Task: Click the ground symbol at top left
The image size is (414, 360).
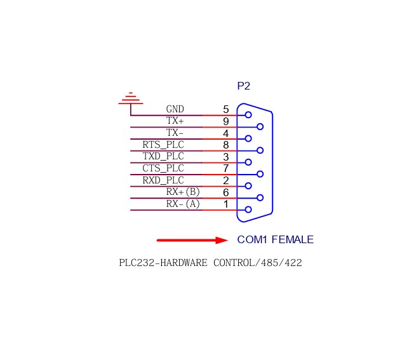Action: (x=131, y=99)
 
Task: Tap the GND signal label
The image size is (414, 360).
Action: (x=175, y=110)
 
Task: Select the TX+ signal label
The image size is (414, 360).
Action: (x=175, y=121)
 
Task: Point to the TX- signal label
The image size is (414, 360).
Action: (x=175, y=133)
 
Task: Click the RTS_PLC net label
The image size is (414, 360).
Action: (x=163, y=145)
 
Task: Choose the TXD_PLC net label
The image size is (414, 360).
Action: (x=163, y=157)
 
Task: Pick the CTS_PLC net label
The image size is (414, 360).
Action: (x=163, y=168)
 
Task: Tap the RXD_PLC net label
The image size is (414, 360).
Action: (x=163, y=180)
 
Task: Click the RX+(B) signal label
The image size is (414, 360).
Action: (x=183, y=192)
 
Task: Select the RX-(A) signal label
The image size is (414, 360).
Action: (x=183, y=204)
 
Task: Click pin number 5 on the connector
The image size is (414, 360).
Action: (x=225, y=110)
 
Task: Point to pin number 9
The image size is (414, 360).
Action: (x=225, y=121)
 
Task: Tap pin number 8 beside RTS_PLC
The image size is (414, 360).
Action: (x=225, y=145)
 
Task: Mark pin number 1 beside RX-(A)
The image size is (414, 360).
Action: (x=225, y=204)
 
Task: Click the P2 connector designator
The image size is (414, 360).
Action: (x=243, y=86)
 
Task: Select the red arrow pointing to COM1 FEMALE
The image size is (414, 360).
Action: (x=192, y=240)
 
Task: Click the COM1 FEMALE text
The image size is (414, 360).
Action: (x=275, y=240)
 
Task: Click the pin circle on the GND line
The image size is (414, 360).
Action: (x=248, y=115)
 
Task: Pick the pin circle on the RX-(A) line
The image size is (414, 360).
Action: (x=248, y=210)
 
